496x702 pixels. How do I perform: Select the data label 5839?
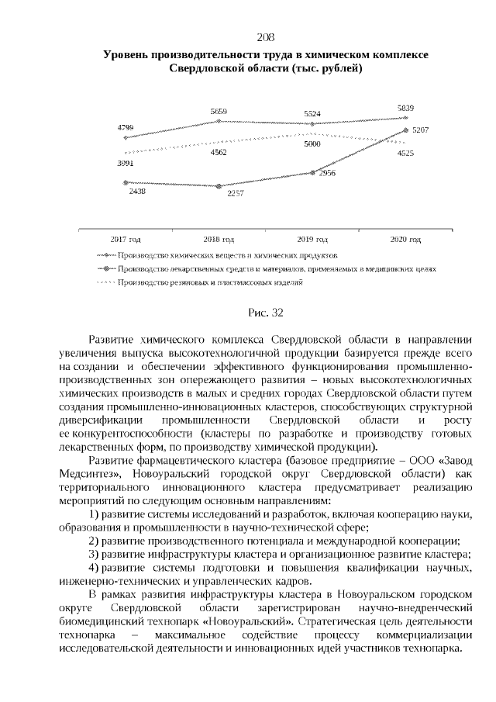(x=405, y=108)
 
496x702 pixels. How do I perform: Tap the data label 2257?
(x=236, y=193)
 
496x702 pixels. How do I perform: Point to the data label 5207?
(x=421, y=130)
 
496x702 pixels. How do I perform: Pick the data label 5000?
(x=312, y=144)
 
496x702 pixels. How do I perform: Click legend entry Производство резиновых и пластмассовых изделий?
(x=209, y=282)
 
